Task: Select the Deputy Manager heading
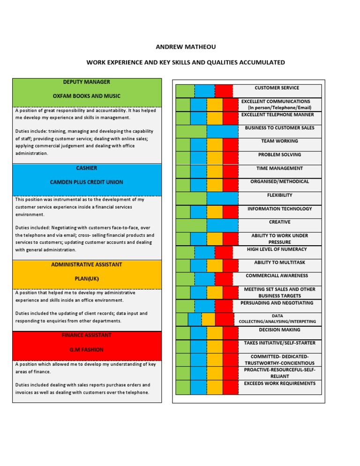pos(87,82)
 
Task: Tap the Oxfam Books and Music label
pos(87,96)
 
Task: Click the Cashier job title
pos(87,168)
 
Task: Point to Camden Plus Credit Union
pos(87,182)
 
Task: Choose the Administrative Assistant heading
pos(87,264)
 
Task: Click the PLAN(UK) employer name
pos(87,278)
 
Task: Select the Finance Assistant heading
pos(87,335)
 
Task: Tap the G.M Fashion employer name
pos(87,350)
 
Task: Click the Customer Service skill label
pos(277,88)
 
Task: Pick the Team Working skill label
pos(279,141)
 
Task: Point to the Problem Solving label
pos(279,155)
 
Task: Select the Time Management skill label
pos(279,168)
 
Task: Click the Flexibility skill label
pos(279,195)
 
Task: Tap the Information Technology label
pos(279,209)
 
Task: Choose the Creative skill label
pos(279,222)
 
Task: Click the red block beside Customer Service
pos(224,91)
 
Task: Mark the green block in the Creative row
pos(191,225)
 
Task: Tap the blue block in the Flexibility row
pos(222,198)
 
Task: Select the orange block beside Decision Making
pos(215,333)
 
